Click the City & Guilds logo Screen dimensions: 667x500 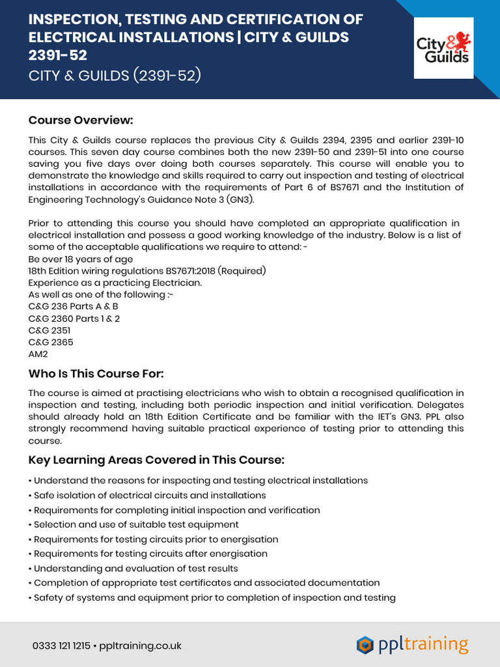point(443,48)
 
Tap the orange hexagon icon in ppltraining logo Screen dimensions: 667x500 point(365,645)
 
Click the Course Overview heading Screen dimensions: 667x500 point(81,121)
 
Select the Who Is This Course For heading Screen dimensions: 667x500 point(96,373)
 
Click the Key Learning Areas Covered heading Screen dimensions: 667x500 point(156,460)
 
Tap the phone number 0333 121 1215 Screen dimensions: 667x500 point(61,646)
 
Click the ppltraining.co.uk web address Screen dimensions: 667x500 point(140,646)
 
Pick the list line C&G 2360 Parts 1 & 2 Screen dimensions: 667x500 point(74,319)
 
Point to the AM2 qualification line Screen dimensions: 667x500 point(38,354)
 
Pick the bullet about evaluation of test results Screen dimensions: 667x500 point(136,568)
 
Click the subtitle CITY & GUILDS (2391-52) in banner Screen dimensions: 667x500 point(115,76)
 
